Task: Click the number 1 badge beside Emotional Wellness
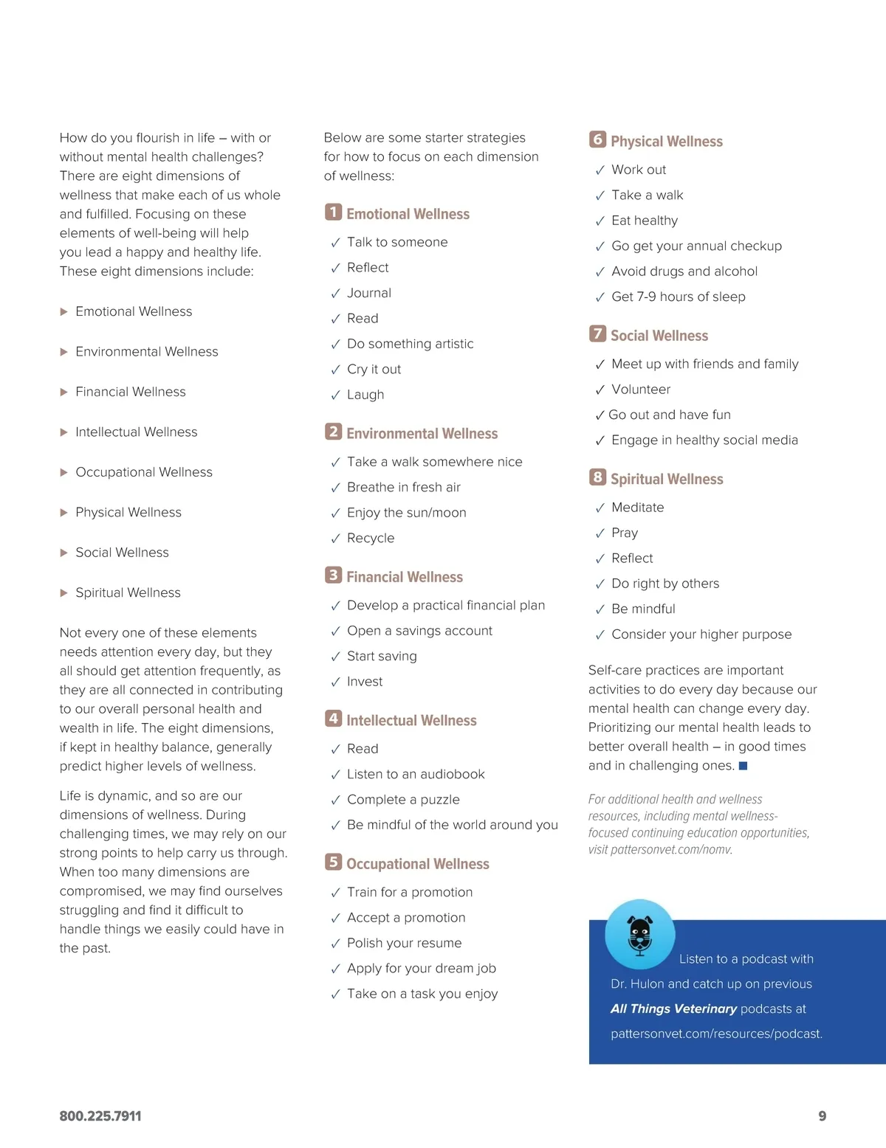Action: [x=333, y=212]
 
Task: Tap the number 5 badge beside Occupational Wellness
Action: [x=333, y=862]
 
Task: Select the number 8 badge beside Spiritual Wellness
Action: [x=597, y=477]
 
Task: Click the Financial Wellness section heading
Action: [x=405, y=577]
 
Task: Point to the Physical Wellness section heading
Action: [x=666, y=141]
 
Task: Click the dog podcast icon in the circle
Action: [x=639, y=933]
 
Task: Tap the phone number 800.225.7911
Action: [x=100, y=1116]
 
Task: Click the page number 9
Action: [x=822, y=1116]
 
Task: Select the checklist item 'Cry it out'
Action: [x=374, y=369]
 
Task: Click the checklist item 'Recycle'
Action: [x=371, y=538]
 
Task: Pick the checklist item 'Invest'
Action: [x=365, y=682]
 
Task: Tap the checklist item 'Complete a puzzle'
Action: [x=403, y=799]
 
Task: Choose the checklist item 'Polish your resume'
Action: [x=404, y=943]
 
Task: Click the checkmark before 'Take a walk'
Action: [x=600, y=196]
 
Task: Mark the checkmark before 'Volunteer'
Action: [x=600, y=390]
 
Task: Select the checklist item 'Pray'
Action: [x=625, y=533]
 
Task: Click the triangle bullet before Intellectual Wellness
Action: [x=63, y=432]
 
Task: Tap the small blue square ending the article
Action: [x=743, y=766]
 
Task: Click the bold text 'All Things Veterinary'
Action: [x=673, y=1009]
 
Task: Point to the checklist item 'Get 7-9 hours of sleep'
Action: [x=678, y=297]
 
